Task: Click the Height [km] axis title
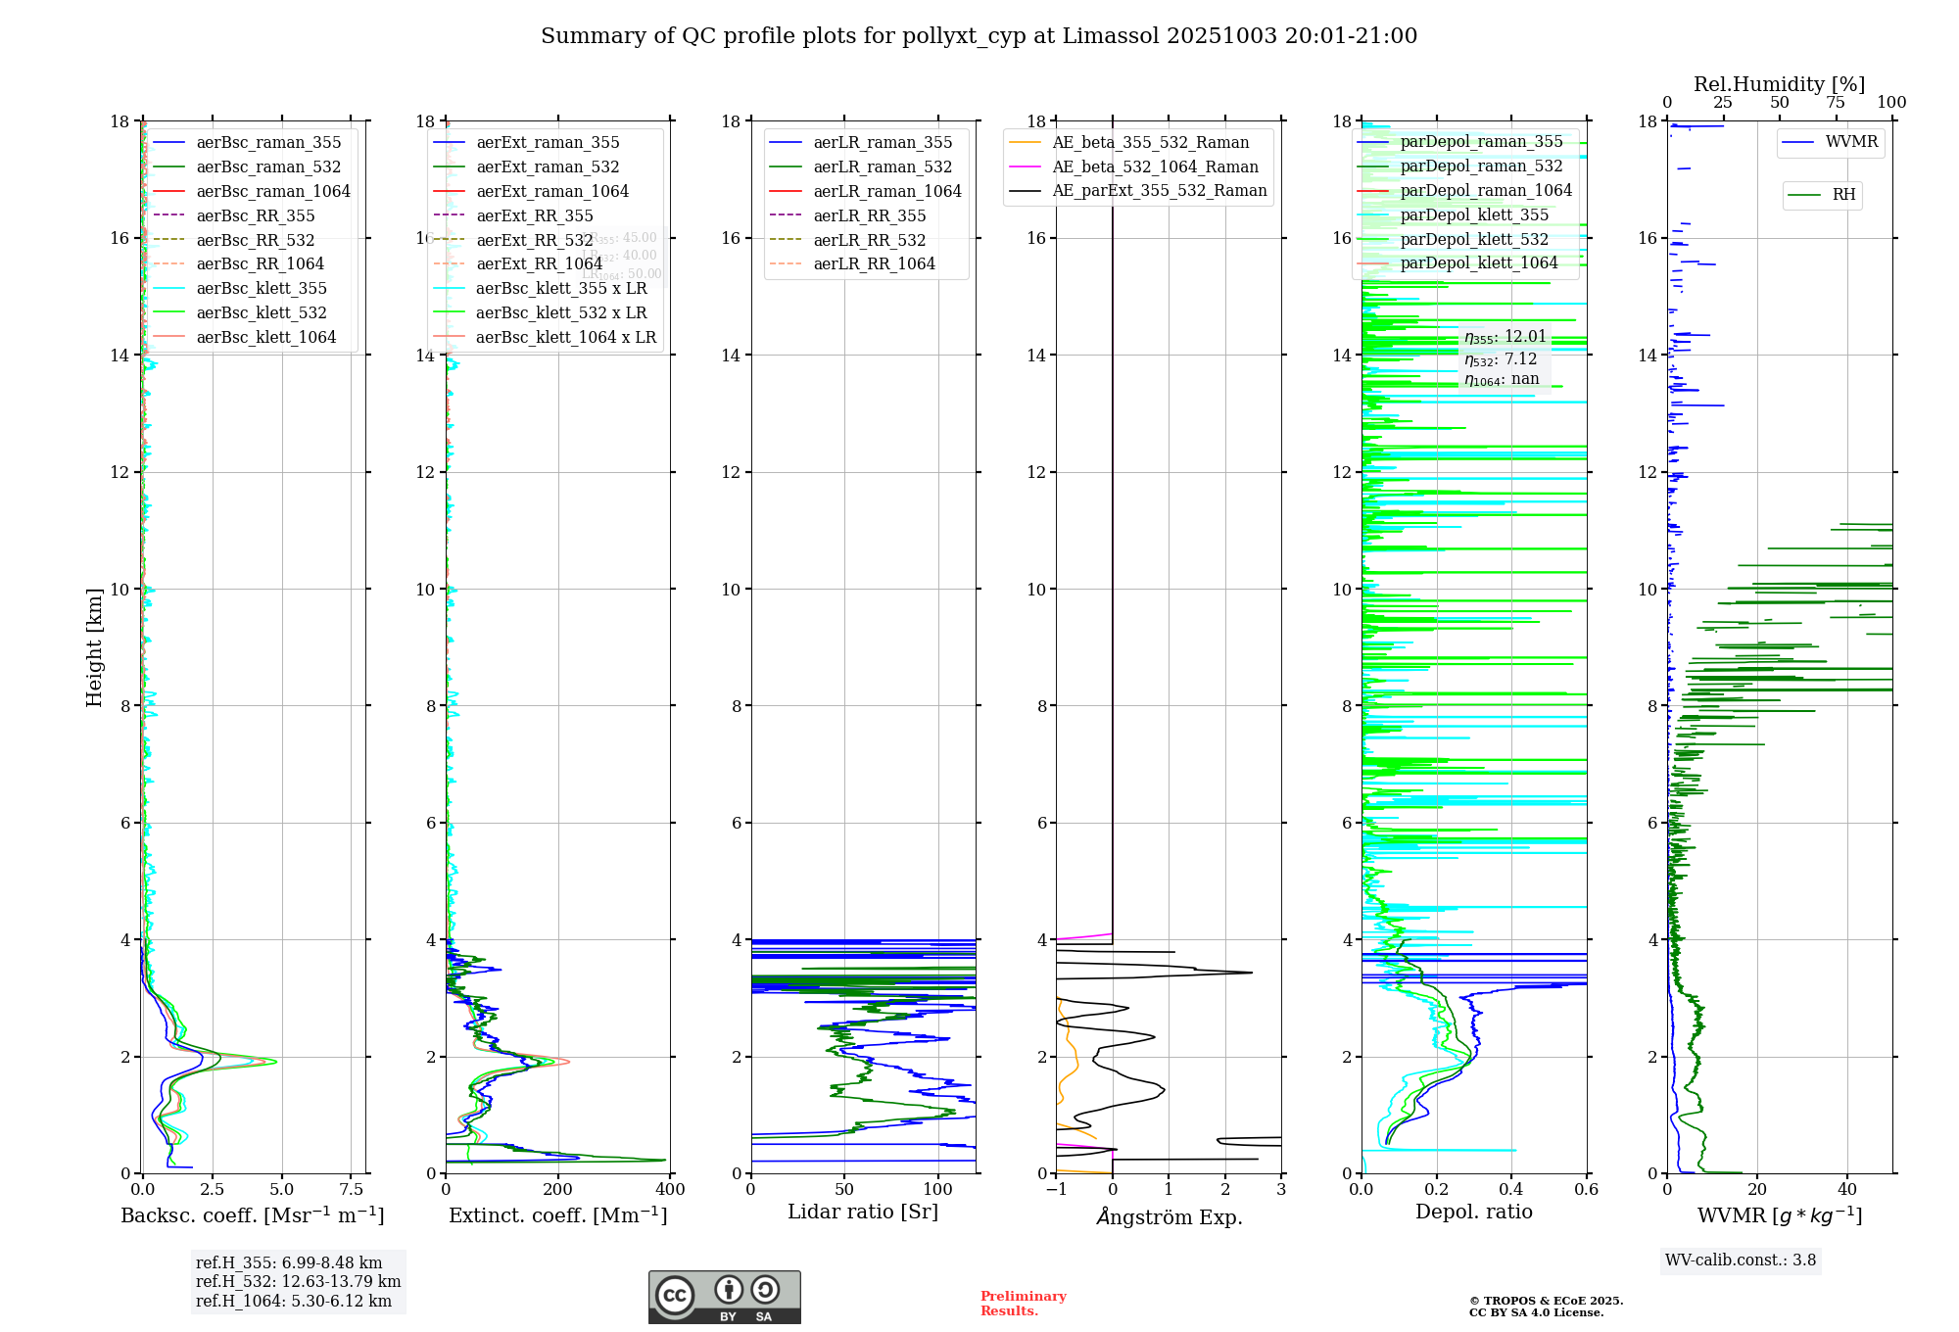coord(94,647)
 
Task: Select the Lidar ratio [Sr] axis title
coord(863,1212)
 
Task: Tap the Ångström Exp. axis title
coord(1170,1216)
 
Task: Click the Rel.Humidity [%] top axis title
coord(1779,84)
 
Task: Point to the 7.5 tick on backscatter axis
coord(352,1190)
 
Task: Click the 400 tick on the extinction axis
coord(670,1190)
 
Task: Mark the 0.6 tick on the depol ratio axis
coord(1586,1190)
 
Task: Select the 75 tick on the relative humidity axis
coord(1836,103)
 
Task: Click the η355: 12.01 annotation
coord(1505,337)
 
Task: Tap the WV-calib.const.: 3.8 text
coord(1741,1261)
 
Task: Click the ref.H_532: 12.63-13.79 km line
coord(298,1281)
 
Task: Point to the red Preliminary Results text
coord(1023,1304)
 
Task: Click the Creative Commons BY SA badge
coord(724,1298)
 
